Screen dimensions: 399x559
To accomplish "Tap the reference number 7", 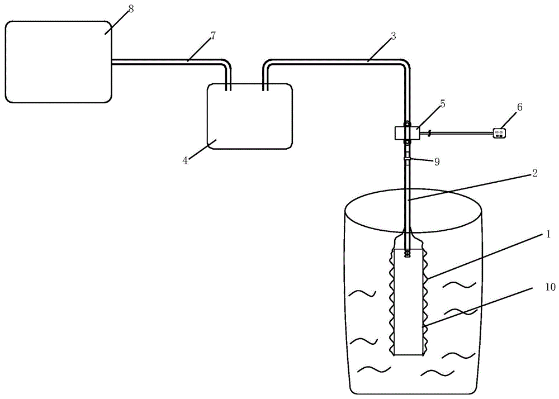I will click(213, 36).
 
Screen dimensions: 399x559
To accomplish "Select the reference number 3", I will click(394, 36).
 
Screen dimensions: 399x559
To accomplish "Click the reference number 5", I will click(443, 104).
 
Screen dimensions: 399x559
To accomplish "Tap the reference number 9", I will click(437, 162).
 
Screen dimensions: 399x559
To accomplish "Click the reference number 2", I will click(535, 174).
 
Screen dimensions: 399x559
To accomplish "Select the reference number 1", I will click(548, 235).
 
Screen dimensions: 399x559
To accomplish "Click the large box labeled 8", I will click(58, 61).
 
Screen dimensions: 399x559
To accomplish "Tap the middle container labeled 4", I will click(249, 116).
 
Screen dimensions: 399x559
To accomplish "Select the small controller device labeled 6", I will click(500, 133).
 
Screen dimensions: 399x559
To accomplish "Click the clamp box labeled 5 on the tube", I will click(406, 133).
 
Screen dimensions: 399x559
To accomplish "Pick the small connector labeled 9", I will click(408, 161).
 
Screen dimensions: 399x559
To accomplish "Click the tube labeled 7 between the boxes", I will click(168, 61).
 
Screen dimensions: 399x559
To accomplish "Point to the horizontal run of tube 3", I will click(335, 61).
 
